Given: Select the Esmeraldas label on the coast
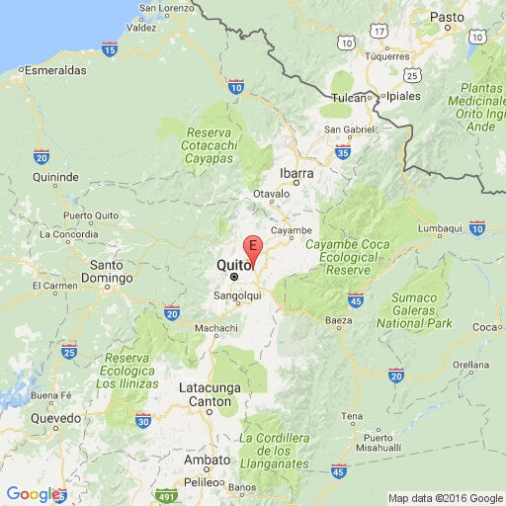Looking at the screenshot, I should coord(56,71).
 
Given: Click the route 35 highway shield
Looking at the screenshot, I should coord(342,152).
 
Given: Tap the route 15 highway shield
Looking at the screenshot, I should coord(109,48).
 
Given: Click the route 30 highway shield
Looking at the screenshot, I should coord(143,421).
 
